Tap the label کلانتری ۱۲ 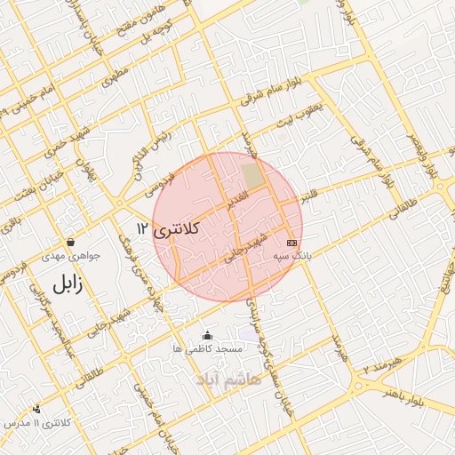(x=169, y=228)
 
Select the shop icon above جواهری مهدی (x=70, y=242)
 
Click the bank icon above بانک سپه (x=291, y=243)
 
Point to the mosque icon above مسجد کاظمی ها (x=208, y=335)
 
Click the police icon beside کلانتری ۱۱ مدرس (x=36, y=409)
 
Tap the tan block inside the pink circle (x=253, y=176)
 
